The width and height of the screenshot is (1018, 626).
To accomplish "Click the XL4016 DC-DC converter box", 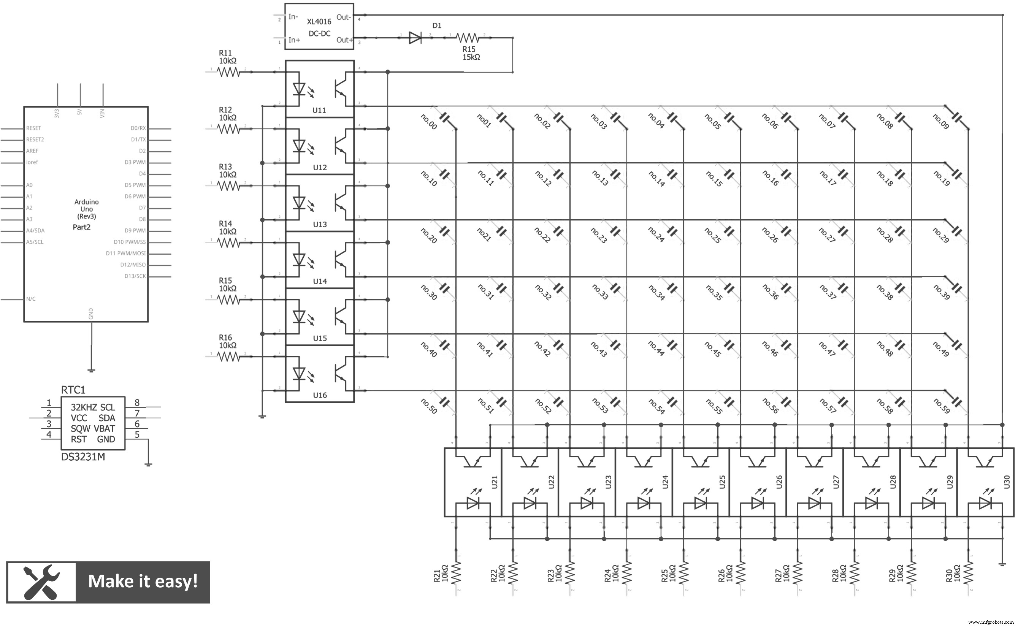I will tap(319, 27).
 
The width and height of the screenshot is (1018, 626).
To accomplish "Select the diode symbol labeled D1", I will tap(415, 38).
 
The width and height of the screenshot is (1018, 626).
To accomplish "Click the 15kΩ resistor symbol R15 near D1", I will tap(468, 38).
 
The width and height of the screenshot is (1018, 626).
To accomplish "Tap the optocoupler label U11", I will tap(319, 111).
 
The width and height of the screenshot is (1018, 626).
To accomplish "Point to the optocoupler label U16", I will tap(320, 395).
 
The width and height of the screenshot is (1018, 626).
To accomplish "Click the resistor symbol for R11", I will tap(228, 73).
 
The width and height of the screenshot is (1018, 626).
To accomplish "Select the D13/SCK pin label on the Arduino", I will tap(135, 276).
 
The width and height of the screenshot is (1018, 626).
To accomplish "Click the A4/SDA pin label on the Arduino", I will tap(35, 231).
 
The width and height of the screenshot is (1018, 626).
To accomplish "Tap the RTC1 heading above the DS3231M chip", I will tap(73, 390).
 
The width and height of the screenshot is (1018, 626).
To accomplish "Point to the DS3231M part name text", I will tap(83, 457).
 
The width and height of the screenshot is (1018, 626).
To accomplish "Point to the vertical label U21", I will tap(494, 482).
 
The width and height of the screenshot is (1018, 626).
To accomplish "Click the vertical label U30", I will tap(1007, 482).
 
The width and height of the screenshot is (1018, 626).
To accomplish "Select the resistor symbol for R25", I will tap(683, 574).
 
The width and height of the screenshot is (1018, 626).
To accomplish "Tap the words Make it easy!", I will tap(143, 582).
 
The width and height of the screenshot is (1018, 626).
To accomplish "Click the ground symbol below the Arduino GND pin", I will tap(92, 370).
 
